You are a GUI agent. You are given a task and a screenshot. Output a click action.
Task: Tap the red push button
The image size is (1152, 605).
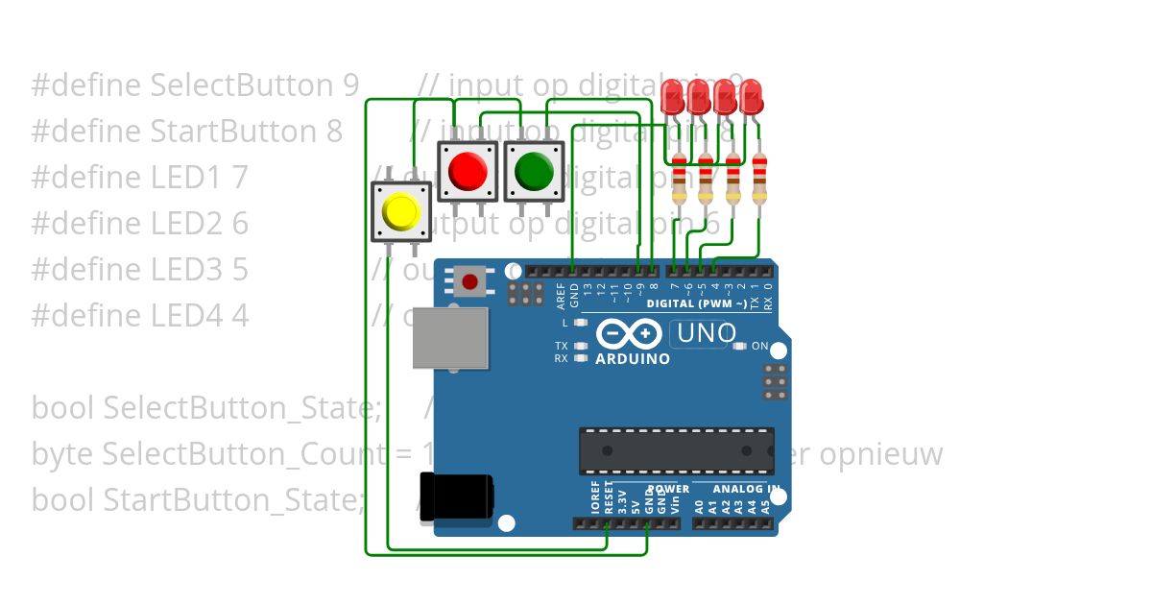tap(468, 171)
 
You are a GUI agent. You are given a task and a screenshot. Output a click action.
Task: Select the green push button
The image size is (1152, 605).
tap(534, 171)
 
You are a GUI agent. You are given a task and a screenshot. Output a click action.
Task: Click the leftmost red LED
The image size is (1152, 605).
tap(672, 95)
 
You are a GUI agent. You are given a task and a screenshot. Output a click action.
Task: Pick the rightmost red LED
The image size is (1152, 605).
tap(752, 95)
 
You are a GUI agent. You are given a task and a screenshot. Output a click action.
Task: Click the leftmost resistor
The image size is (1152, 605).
tap(679, 178)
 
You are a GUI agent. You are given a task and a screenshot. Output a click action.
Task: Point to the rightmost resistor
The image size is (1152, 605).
tap(759, 178)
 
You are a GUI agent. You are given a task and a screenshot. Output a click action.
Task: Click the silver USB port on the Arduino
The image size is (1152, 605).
tap(450, 337)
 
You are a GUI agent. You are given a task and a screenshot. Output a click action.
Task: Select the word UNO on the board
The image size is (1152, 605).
tap(707, 334)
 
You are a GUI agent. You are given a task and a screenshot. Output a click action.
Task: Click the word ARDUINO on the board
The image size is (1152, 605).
tap(633, 359)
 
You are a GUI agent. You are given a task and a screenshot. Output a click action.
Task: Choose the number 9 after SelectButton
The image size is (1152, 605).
tap(349, 85)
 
